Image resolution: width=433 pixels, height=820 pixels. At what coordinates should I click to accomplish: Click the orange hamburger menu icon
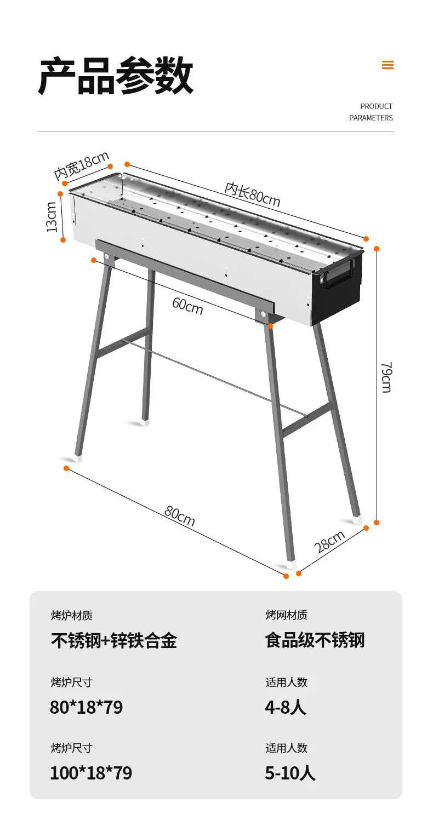coord(388,65)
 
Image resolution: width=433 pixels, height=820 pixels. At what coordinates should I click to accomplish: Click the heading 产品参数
coord(116,76)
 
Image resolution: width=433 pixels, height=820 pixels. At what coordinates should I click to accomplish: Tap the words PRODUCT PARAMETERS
coord(371,112)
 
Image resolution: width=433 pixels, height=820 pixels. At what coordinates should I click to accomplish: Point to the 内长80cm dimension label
coord(252,194)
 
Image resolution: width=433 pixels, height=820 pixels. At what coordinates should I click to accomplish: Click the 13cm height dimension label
coord(52,217)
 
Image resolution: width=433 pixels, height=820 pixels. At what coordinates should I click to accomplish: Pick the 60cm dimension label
coord(187,306)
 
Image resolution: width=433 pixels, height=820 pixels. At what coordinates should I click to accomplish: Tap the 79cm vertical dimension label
coord(386,377)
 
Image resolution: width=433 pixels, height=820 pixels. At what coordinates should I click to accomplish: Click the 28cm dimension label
coord(329,541)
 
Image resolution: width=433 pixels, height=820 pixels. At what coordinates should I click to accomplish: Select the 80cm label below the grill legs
coord(179,515)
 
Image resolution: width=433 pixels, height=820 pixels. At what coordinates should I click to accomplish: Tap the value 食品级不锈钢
coord(315,640)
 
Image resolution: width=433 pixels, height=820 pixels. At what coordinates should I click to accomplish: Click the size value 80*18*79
coord(86,707)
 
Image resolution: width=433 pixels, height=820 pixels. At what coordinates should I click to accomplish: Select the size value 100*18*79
coord(91,773)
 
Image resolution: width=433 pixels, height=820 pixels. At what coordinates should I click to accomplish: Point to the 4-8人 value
coord(285,707)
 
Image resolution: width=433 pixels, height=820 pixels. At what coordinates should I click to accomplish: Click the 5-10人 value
coord(290,773)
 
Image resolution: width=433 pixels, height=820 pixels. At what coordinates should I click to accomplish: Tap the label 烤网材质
coord(286,615)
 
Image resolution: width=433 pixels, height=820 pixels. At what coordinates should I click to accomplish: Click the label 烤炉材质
coord(72,616)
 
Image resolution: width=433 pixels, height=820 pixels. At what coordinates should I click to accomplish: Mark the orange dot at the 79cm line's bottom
coord(377,523)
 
